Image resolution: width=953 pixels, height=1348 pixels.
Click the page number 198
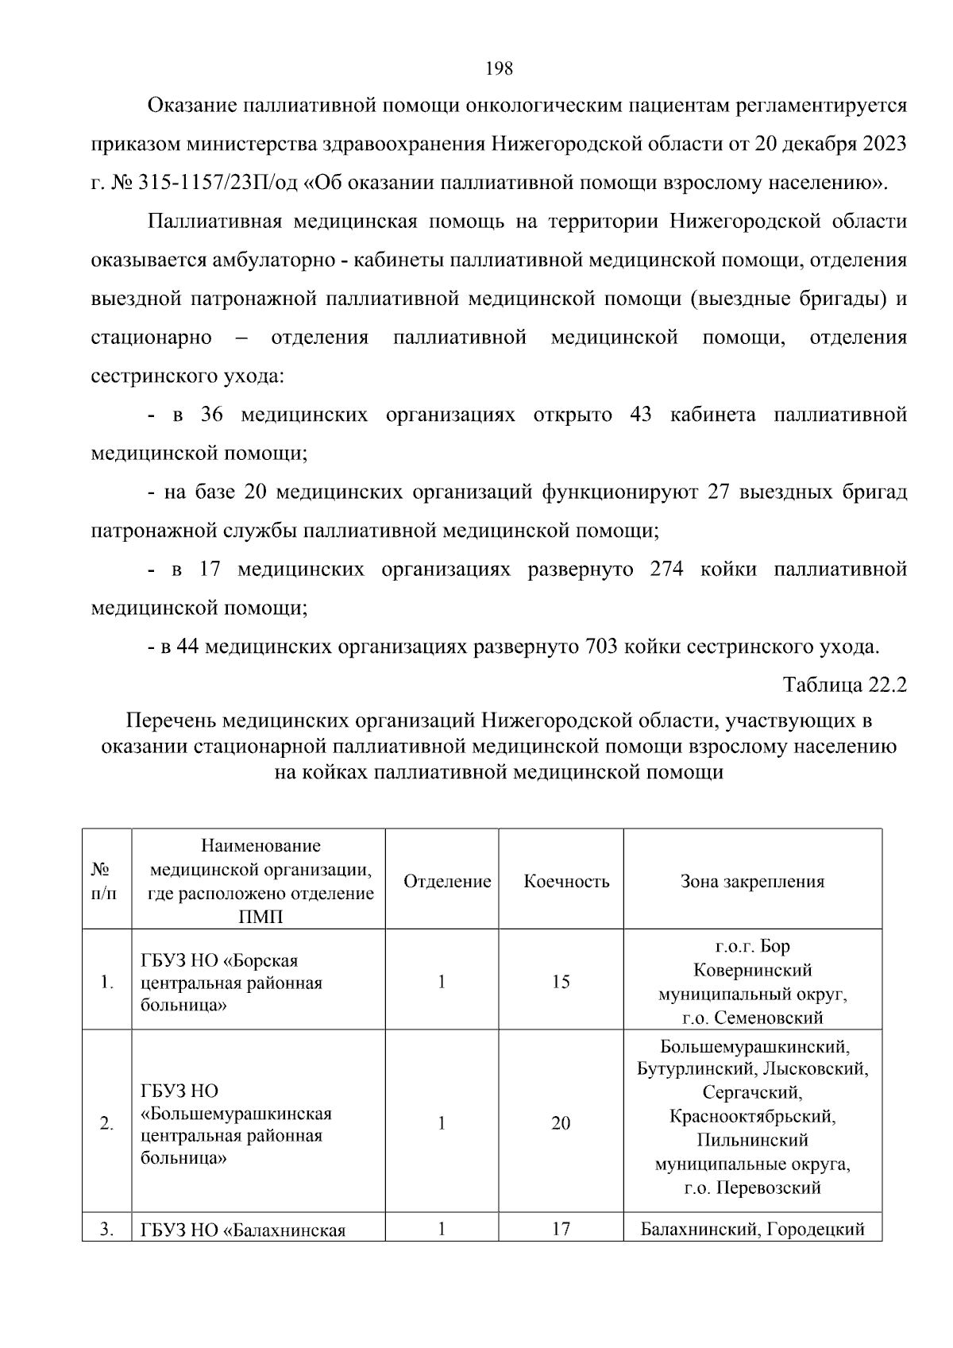(x=499, y=68)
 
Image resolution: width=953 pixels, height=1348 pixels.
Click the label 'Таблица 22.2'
(x=844, y=685)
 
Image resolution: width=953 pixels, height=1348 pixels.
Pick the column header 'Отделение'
(x=447, y=881)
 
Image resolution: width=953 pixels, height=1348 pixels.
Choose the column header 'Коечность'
(x=566, y=881)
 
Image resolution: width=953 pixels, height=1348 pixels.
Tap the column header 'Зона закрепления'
(x=752, y=881)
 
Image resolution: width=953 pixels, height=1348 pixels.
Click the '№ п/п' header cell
(x=104, y=881)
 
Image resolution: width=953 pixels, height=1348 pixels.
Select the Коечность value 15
(x=561, y=982)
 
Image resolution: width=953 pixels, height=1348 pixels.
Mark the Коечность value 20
(x=561, y=1123)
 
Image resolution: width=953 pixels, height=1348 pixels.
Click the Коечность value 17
(x=561, y=1229)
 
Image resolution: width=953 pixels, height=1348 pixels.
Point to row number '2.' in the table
(x=106, y=1124)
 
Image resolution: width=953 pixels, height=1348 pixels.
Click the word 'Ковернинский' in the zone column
(x=752, y=970)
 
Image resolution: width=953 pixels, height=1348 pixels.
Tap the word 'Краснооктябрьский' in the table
(x=752, y=1116)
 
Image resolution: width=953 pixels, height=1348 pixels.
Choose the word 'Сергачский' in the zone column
(x=752, y=1092)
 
